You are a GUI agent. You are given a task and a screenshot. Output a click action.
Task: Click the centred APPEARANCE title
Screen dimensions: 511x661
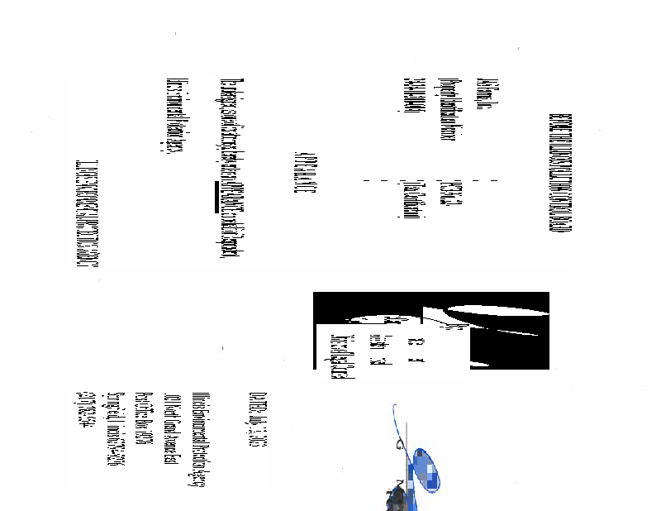pos(301,174)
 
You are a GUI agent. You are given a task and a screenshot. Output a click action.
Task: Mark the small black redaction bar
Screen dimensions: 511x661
pos(216,196)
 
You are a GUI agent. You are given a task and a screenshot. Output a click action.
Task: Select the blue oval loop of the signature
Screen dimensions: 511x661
pos(425,470)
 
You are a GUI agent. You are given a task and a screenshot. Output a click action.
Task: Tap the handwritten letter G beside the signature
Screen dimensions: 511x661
pos(400,445)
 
